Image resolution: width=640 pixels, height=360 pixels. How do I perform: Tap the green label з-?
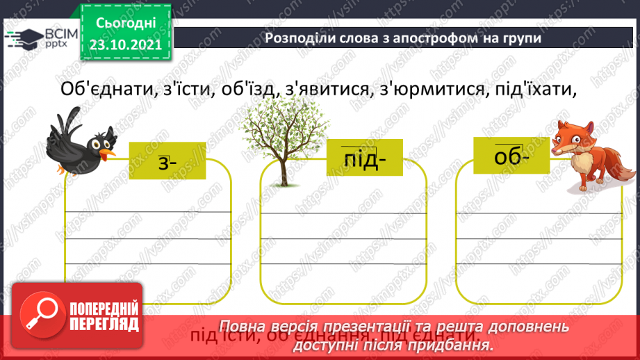pyautogui.click(x=167, y=161)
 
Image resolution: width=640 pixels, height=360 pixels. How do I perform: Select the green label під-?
pyautogui.click(x=363, y=159)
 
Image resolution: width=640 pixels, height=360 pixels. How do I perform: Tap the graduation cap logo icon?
pyautogui.click(x=22, y=39)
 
